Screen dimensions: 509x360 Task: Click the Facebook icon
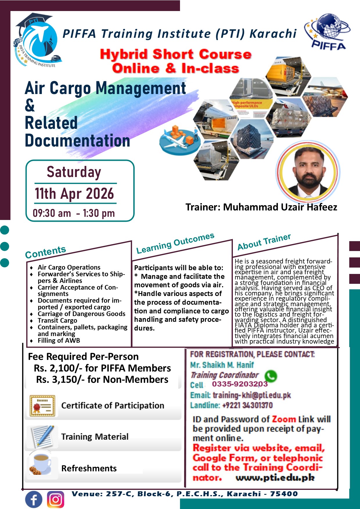point(34,499)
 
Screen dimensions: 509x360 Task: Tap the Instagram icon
point(55,499)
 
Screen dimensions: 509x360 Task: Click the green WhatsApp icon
point(271,376)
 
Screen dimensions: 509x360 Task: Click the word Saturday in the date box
point(74,172)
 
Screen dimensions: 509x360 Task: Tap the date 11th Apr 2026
point(74,194)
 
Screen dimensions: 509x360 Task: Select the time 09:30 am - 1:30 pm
point(74,213)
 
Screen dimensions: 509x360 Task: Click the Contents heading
point(46,252)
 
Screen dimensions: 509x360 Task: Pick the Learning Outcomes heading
point(175,243)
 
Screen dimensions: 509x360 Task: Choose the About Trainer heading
point(264,242)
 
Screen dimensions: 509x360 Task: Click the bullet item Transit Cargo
point(57,320)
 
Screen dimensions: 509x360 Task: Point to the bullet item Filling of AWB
point(59,340)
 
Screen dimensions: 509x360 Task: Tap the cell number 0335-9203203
point(240,384)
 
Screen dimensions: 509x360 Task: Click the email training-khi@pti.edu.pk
point(252,395)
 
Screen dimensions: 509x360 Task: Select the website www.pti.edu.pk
point(275,478)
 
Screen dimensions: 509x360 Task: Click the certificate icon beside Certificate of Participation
point(42,406)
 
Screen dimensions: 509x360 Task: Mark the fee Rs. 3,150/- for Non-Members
point(102,379)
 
